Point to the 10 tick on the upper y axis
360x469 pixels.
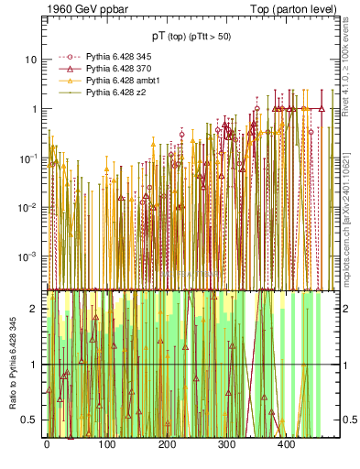tap(31, 60)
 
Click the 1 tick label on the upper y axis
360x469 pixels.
tap(34, 109)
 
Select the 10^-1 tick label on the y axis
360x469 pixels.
tap(28, 158)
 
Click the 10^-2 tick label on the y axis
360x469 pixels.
tap(28, 207)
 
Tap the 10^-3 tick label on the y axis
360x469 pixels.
tap(28, 256)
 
